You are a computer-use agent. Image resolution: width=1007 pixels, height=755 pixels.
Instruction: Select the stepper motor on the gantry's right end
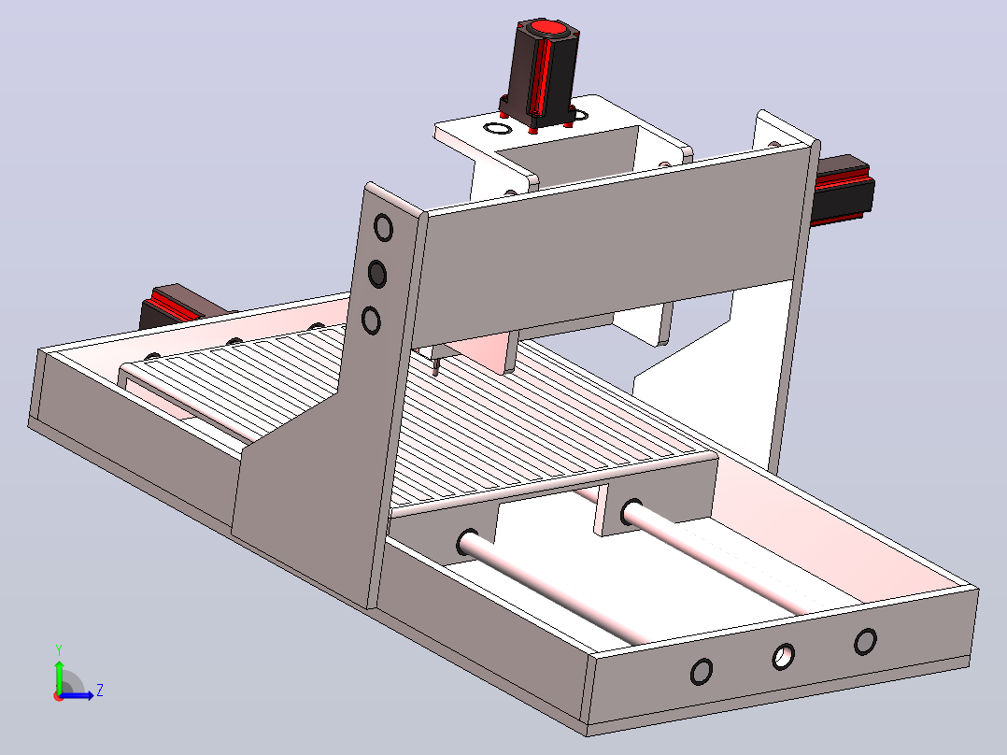coord(842,190)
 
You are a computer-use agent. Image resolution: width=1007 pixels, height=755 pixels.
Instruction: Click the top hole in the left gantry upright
coord(383,227)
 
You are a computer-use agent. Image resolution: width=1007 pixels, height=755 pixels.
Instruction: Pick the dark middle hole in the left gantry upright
coord(377,274)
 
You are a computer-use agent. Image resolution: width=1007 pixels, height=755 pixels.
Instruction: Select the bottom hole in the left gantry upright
coord(371,320)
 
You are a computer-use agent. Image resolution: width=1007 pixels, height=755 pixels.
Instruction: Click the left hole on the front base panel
coord(702,672)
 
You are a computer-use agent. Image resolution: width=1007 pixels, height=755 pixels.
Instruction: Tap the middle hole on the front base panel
coord(784,656)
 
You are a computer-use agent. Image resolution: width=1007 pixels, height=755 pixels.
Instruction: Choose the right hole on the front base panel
coord(866,641)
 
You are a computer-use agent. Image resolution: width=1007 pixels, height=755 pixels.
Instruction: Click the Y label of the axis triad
coord(59,649)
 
